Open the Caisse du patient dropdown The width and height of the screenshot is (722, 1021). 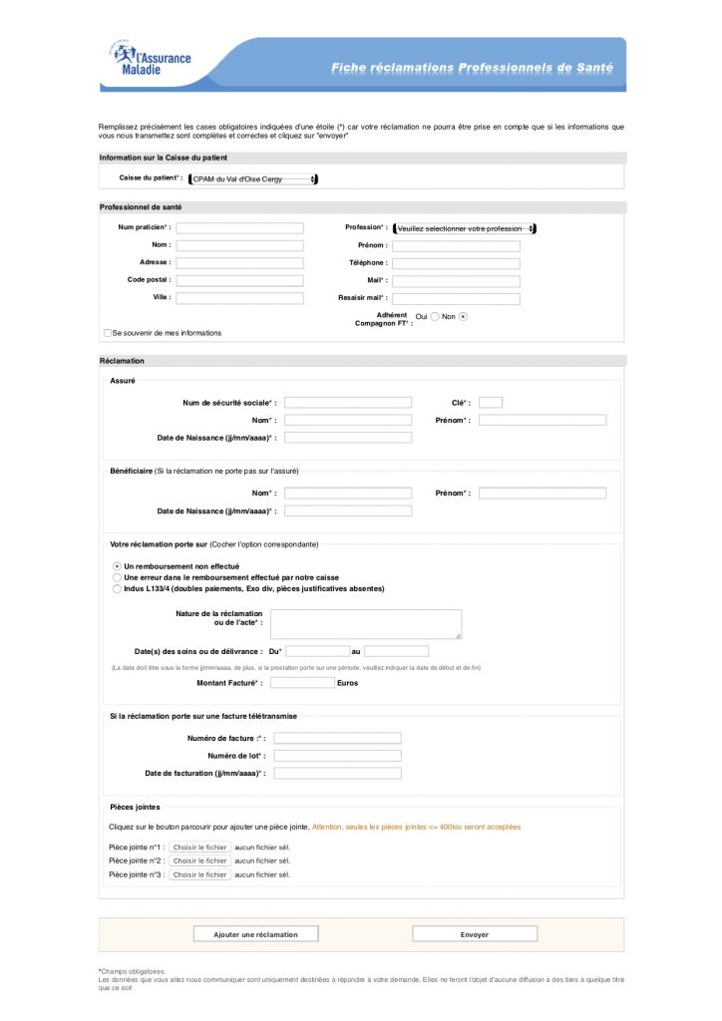coord(253,179)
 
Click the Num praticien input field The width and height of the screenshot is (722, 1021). coord(239,228)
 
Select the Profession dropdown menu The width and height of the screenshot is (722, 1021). coord(464,228)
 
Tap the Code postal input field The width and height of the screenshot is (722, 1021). coord(239,280)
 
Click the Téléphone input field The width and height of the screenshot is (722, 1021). coord(456,263)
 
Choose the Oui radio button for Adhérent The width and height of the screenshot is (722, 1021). coord(435,316)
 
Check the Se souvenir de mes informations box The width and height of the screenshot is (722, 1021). coord(108,333)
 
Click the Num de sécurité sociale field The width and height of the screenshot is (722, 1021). coord(347,403)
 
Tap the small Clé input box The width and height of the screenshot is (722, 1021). coord(490,403)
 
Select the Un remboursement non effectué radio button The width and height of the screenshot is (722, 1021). coord(117,566)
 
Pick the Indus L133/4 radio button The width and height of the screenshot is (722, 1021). coord(117,588)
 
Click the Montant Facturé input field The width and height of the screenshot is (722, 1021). coord(302,683)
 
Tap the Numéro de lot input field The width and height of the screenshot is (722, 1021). coord(337,756)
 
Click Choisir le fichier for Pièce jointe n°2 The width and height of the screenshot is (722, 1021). coord(199,860)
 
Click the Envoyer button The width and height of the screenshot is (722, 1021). coord(475,934)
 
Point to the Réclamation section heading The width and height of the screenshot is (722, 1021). coord(122,361)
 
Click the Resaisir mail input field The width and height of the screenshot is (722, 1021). coord(456,298)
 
